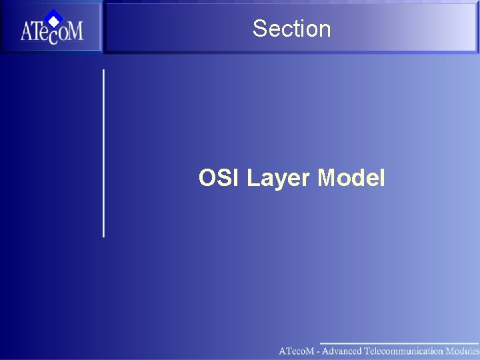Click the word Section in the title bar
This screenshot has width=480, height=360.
(x=291, y=29)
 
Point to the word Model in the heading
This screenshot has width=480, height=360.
(x=351, y=178)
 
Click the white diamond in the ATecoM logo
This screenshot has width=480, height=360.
(x=54, y=19)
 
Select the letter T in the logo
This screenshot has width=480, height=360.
(x=41, y=32)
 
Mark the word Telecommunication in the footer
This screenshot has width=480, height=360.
(x=404, y=351)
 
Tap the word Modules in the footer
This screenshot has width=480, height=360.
(x=463, y=351)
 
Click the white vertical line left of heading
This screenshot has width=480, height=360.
(x=103, y=153)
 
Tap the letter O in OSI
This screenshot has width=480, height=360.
(x=207, y=178)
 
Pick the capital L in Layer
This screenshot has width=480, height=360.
(x=253, y=178)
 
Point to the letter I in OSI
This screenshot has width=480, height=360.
(x=236, y=178)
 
